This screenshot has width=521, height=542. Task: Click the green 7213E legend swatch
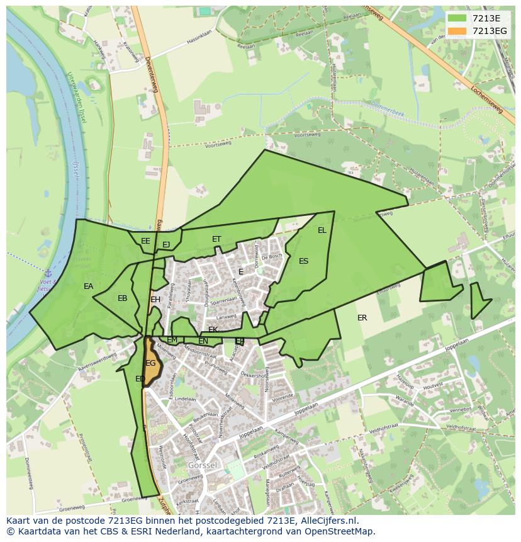pos(458,18)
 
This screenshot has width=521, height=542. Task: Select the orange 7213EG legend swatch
pos(458,31)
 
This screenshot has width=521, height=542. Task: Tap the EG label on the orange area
pos(150,363)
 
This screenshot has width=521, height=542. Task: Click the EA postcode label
pos(88,286)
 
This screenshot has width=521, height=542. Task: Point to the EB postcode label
pos(122,298)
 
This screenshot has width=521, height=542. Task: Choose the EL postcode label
pos(322,230)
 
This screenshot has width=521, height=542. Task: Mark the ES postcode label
pos(304,261)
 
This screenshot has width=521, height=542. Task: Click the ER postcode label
pos(362,318)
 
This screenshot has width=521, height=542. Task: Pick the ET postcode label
pos(216,239)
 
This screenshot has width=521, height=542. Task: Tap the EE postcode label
pos(145,241)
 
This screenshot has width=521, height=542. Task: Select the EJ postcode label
pos(166,245)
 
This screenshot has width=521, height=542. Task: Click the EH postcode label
pos(155,300)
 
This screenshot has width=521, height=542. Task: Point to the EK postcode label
pos(213,330)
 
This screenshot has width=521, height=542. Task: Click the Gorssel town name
pos(201,465)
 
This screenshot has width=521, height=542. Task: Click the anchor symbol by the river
pos(47,273)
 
